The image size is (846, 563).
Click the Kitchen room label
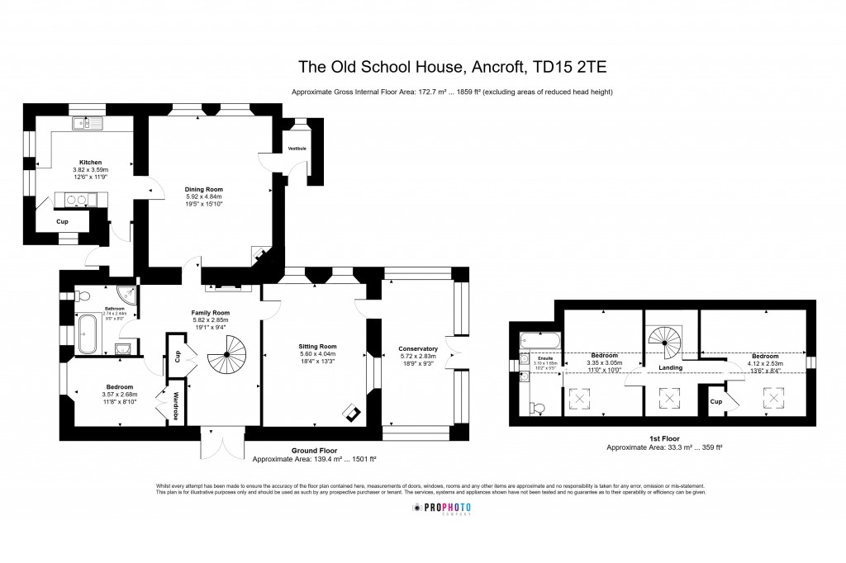[x=90, y=162]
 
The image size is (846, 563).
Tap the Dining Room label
[x=203, y=189]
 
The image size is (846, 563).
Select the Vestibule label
[x=297, y=149]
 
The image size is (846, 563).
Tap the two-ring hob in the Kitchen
[x=76, y=199]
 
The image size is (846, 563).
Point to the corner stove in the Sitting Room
[x=353, y=413]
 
